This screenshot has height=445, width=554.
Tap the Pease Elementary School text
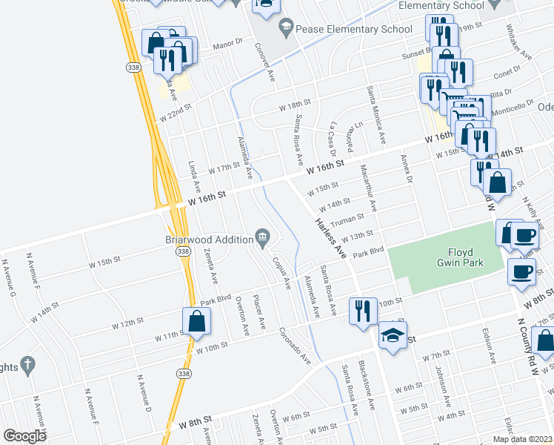click(x=353, y=29)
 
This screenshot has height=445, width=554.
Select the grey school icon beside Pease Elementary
click(x=285, y=29)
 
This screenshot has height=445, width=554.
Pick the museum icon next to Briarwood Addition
click(x=262, y=238)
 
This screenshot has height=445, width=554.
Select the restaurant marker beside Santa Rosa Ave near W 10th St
click(x=361, y=311)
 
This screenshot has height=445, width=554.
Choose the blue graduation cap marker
click(x=393, y=336)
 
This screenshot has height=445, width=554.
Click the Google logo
click(x=25, y=436)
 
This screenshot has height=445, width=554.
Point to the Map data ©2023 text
click(x=522, y=439)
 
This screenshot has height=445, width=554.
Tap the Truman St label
click(x=347, y=219)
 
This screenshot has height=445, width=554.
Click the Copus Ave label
click(x=280, y=271)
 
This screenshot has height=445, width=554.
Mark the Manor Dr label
click(x=228, y=45)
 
